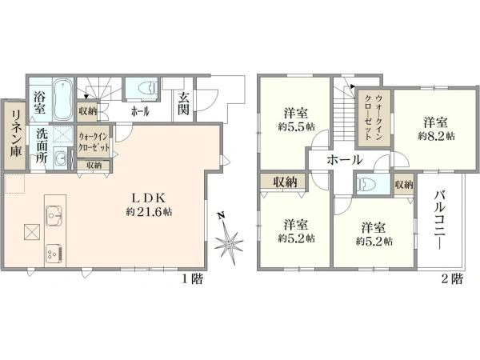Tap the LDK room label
149,198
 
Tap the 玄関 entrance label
184,103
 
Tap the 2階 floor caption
451,279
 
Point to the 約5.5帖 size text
295,127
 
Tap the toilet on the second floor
367,183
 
